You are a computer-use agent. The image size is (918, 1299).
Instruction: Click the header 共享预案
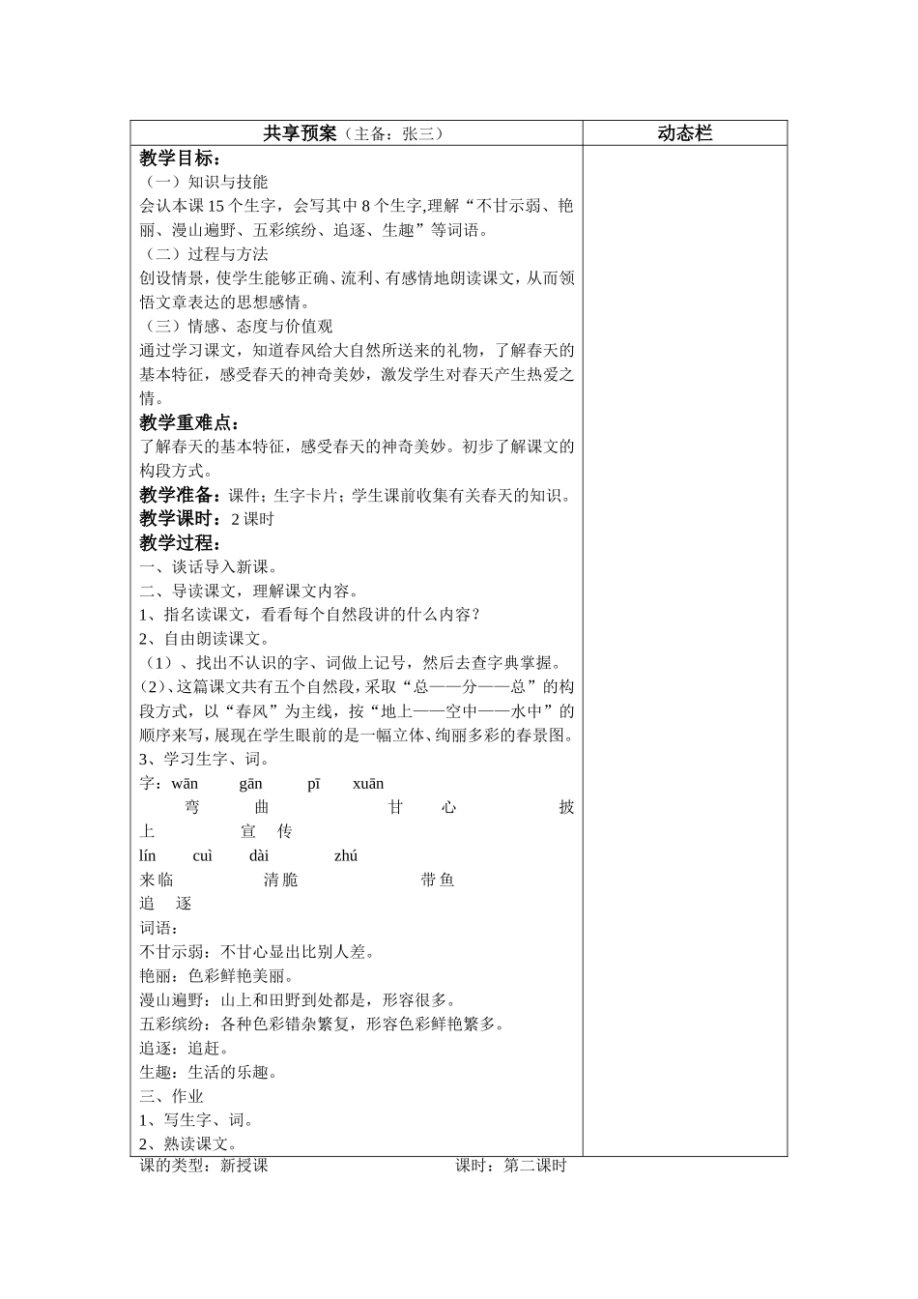pyautogui.click(x=300, y=133)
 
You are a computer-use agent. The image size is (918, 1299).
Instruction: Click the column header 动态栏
pyautogui.click(x=684, y=133)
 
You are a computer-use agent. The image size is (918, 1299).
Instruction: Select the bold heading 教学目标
pyautogui.click(x=180, y=158)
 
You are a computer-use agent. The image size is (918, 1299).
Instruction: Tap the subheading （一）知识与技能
pyautogui.click(x=204, y=182)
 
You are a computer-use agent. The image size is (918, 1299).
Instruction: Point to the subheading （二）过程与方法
pyautogui.click(x=204, y=254)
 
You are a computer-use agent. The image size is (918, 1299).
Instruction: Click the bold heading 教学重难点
pyautogui.click(x=189, y=422)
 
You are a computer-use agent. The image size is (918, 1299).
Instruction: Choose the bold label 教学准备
pyautogui.click(x=180, y=495)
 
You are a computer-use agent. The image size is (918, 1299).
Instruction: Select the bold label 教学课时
pyautogui.click(x=180, y=519)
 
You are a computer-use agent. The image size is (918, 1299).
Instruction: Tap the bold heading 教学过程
pyautogui.click(x=180, y=543)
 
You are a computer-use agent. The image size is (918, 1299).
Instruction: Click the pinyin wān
pyautogui.click(x=185, y=784)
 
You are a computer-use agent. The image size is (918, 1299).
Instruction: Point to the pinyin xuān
pyautogui.click(x=368, y=784)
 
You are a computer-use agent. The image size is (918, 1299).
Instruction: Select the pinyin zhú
pyautogui.click(x=346, y=855)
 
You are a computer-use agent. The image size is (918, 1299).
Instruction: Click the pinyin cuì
pyautogui.click(x=203, y=855)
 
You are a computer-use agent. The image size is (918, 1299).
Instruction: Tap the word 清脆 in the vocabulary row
pyautogui.click(x=280, y=880)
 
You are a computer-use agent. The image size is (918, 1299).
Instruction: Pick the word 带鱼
pyautogui.click(x=438, y=880)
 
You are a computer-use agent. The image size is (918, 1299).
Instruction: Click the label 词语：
pyautogui.click(x=159, y=928)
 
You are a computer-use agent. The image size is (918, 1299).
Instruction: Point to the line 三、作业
pyautogui.click(x=171, y=1096)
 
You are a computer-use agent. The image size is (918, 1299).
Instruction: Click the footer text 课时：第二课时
pyautogui.click(x=511, y=1166)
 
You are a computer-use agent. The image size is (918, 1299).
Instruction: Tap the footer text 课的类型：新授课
pyautogui.click(x=204, y=1166)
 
